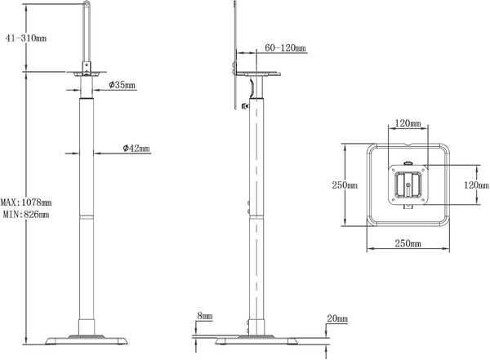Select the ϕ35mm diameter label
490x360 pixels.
[120, 85]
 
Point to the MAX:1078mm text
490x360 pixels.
[26, 202]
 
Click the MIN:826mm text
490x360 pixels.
[25, 215]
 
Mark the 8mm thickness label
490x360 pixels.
[204, 317]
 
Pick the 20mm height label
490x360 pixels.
[336, 318]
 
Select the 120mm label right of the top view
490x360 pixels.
[476, 185]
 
